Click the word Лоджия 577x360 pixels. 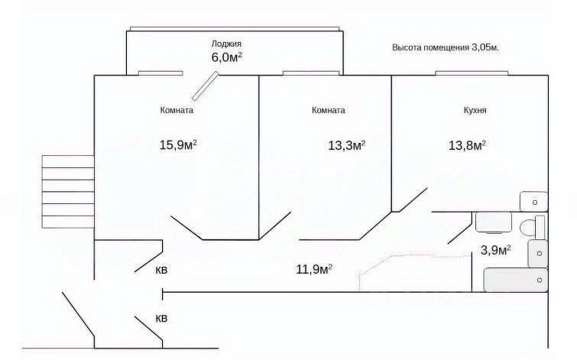pyautogui.click(x=227, y=44)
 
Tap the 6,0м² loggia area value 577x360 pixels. pyautogui.click(x=227, y=57)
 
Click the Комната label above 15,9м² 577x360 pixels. pyautogui.click(x=177, y=110)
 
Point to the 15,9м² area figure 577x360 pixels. pyautogui.click(x=177, y=144)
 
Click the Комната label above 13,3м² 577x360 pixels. pyautogui.click(x=329, y=110)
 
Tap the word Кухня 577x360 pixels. pyautogui.click(x=475, y=110)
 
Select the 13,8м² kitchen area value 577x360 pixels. pyautogui.click(x=467, y=144)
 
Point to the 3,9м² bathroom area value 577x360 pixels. pyautogui.click(x=495, y=249)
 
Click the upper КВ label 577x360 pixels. pyautogui.click(x=162, y=270)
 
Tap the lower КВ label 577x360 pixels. pyautogui.click(x=162, y=318)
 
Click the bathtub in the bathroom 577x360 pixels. pyautogui.click(x=517, y=281)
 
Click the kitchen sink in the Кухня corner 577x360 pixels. pyautogui.click(x=533, y=200)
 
